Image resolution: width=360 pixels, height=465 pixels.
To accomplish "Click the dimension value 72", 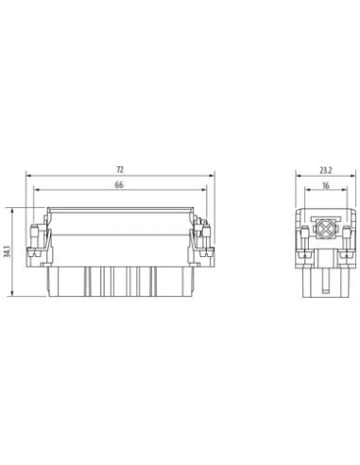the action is pos(120,170).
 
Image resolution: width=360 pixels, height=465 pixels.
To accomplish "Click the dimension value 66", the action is pos(119,185).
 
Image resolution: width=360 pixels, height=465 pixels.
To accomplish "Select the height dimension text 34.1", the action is pos(8,251).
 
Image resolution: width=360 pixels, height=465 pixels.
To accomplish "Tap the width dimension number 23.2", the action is pos(326,170).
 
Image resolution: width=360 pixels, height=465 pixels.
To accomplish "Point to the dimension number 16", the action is pos(326,185).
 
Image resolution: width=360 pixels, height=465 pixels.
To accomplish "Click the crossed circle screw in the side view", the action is pos(325,229).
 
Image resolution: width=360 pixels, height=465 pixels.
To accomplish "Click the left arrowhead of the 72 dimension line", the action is pos(28,175).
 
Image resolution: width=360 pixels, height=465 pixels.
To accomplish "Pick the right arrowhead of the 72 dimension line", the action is pos(212,175).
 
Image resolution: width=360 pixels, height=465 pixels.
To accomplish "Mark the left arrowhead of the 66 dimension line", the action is pos(37,190).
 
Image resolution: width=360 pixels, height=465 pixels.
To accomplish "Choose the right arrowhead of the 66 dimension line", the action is pos(204,190).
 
